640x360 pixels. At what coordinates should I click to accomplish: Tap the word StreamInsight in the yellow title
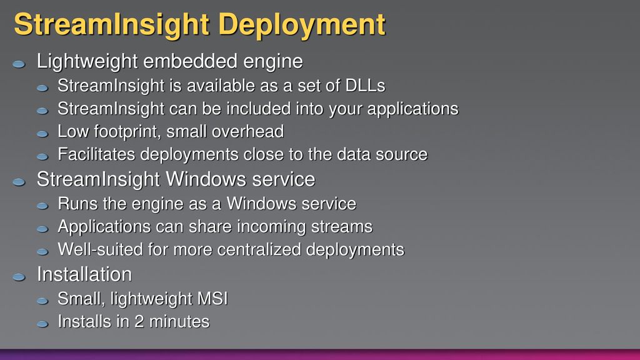pos(112,25)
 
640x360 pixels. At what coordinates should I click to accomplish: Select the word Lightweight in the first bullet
pos(87,62)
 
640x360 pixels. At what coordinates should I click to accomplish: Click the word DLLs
pos(365,86)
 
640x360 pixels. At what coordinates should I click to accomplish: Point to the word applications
pos(412,109)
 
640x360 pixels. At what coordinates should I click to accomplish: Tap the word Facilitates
pos(97,154)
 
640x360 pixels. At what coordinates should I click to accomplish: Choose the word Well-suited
pos(100,249)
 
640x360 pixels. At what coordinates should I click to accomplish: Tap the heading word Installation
pos(84,274)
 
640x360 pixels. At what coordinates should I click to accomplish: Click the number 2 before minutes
pos(139,322)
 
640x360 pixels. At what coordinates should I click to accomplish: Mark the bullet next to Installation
pos(19,277)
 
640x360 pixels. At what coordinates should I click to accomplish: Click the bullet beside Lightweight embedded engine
pos(19,64)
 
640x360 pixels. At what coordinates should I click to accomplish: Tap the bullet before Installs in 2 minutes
pos(42,324)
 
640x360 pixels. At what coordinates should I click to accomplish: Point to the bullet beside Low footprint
pos(42,134)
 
